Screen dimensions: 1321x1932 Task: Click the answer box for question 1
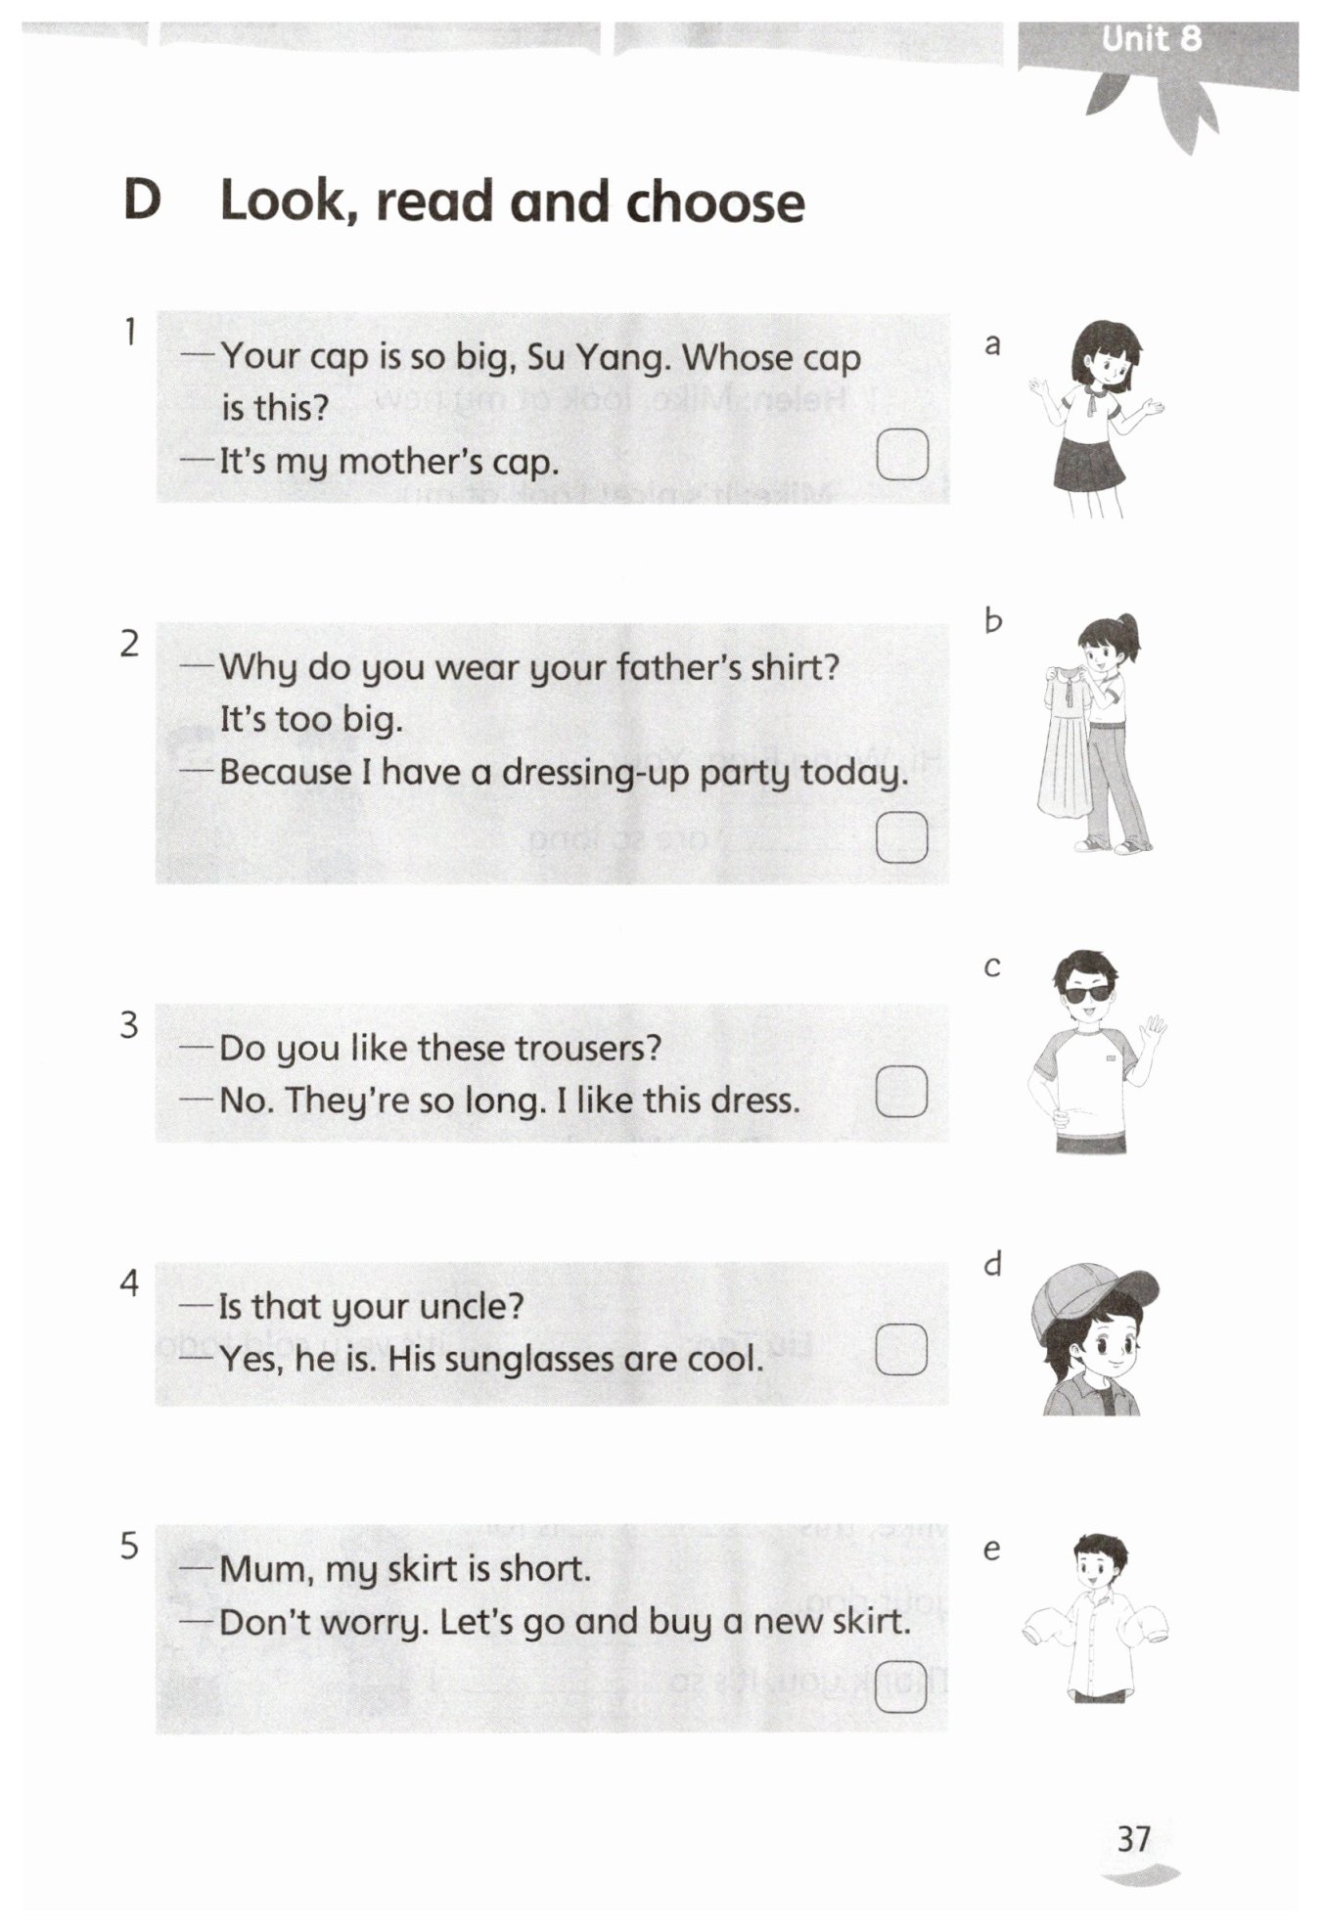click(901, 454)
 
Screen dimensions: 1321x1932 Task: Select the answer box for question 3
click(901, 1091)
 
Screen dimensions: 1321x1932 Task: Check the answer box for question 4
click(901, 1349)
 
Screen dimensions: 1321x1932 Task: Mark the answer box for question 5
click(901, 1685)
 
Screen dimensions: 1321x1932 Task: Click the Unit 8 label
click(1150, 39)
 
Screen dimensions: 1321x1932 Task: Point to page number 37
click(1134, 1839)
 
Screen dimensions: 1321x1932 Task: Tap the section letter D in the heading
click(142, 201)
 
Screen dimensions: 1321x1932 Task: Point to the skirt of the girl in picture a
click(1089, 465)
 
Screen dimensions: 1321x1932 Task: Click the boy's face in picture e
click(1098, 1573)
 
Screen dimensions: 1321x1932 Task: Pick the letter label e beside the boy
click(991, 1550)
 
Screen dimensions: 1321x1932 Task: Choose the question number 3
click(129, 1025)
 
